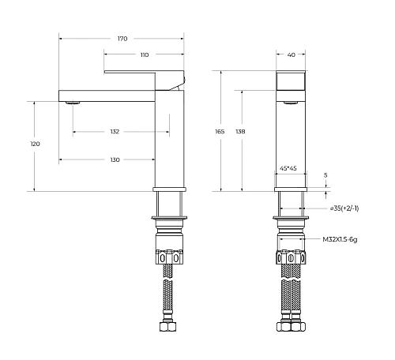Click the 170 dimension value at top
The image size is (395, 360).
click(x=122, y=39)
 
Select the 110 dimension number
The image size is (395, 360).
click(x=145, y=55)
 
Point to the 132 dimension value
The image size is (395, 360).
click(x=115, y=132)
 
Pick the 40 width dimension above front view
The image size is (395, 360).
click(x=291, y=55)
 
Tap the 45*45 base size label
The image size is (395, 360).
click(x=288, y=168)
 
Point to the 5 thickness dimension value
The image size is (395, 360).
click(x=325, y=174)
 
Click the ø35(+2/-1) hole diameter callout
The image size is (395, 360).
click(x=344, y=208)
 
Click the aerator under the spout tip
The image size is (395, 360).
click(x=73, y=102)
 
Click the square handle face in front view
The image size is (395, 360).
click(x=291, y=81)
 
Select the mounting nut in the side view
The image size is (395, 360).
click(x=169, y=257)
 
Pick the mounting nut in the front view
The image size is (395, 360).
click(x=291, y=257)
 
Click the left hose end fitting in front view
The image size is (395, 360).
click(x=279, y=325)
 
